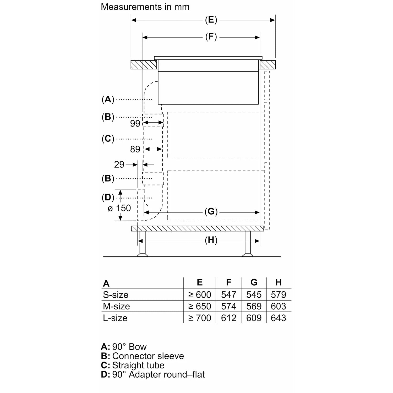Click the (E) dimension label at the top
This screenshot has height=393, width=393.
click(x=211, y=20)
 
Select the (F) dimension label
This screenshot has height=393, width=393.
click(x=211, y=37)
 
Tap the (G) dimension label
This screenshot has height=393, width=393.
click(x=211, y=211)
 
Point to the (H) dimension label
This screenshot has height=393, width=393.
click(x=211, y=240)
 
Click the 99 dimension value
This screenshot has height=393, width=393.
click(x=135, y=123)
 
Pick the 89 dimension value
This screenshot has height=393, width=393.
click(x=135, y=149)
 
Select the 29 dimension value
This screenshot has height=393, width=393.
click(x=119, y=165)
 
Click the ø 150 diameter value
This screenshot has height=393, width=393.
click(x=119, y=208)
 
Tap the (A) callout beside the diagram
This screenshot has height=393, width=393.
click(x=108, y=99)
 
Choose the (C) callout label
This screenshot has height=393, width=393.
click(x=108, y=139)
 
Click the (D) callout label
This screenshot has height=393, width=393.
click(x=108, y=197)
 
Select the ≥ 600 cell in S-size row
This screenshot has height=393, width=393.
click(x=200, y=295)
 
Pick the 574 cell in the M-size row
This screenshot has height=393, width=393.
click(x=228, y=306)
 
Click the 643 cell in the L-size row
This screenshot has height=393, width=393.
click(x=278, y=318)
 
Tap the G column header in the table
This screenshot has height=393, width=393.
click(x=254, y=282)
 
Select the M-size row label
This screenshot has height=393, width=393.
click(x=116, y=306)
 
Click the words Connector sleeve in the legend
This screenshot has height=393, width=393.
click(x=148, y=356)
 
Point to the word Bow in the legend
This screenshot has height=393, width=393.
click(x=138, y=347)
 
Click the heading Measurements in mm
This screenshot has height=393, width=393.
click(x=145, y=7)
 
